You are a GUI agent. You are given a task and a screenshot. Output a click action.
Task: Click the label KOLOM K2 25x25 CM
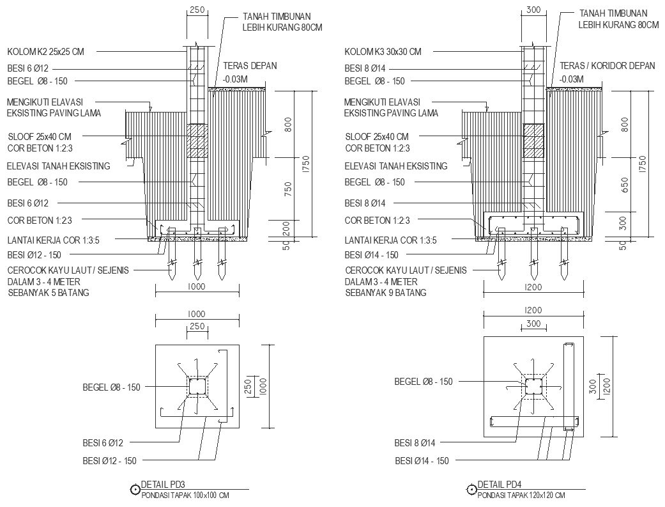[x=45, y=52]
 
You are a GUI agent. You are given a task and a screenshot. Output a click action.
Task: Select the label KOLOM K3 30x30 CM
[x=383, y=52]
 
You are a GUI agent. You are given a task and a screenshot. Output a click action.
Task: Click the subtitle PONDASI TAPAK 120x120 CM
[x=521, y=495]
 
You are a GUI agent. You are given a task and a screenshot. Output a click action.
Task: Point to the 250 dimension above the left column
[x=197, y=10]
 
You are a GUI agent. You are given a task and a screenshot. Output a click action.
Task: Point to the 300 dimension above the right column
[x=533, y=10]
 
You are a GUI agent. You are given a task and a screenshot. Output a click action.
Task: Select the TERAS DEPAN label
[x=250, y=66]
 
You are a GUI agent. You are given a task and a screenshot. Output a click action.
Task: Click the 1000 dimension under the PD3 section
[x=197, y=288]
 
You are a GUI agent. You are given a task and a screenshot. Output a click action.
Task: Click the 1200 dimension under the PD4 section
[x=533, y=288]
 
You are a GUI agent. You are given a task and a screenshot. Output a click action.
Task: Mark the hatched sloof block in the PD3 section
[x=197, y=141]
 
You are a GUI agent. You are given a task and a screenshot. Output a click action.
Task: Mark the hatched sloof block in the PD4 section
[x=533, y=141]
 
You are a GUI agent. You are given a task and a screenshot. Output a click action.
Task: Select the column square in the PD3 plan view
[x=197, y=386]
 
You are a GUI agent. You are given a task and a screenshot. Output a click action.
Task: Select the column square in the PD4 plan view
[x=533, y=386]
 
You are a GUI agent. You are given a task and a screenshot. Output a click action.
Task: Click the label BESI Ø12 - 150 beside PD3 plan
[x=109, y=461]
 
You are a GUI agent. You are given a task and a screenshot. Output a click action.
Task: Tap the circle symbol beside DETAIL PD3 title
[x=135, y=490]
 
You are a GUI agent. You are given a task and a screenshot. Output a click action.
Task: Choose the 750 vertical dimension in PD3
[x=288, y=189]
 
